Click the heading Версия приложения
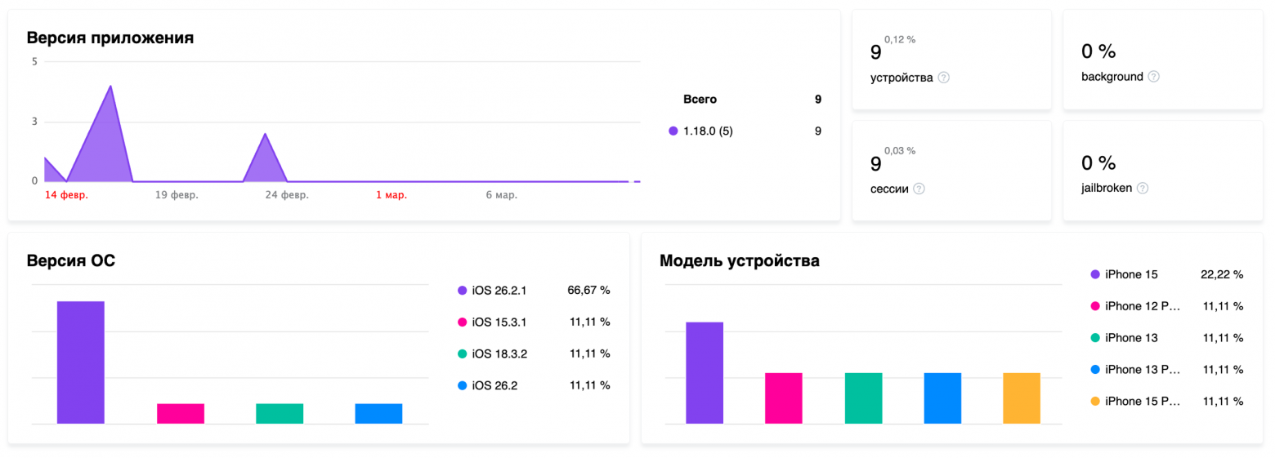click(110, 38)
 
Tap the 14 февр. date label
click(66, 196)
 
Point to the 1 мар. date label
click(391, 196)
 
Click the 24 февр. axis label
click(287, 196)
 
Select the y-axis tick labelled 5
click(34, 62)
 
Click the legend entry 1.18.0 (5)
click(708, 131)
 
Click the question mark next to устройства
click(944, 78)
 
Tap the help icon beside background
click(1153, 77)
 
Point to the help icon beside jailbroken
click(1143, 188)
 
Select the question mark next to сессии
click(919, 189)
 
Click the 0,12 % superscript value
click(900, 39)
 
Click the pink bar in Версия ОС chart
click(180, 413)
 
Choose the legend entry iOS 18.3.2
click(499, 354)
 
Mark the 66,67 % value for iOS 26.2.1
click(588, 290)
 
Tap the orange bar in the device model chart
click(1021, 398)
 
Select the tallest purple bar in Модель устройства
click(704, 372)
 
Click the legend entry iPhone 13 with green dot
click(1130, 338)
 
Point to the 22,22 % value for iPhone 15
click(1221, 274)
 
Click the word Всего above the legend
click(700, 100)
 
